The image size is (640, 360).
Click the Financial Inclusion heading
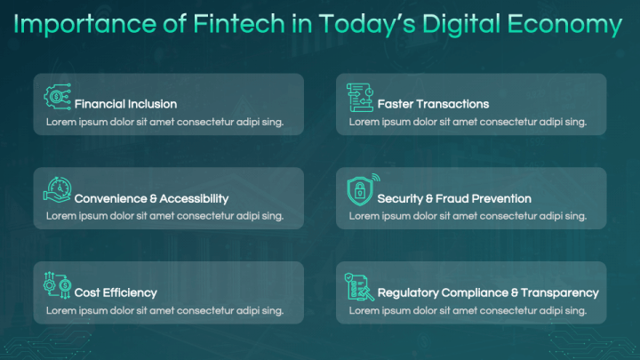125,104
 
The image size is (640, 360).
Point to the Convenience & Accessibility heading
151,198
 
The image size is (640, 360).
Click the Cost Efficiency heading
116,292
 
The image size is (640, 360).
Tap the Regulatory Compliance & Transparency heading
488,292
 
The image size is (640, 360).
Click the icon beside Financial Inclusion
58,96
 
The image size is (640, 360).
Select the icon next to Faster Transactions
360,96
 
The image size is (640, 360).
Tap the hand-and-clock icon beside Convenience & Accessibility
58,190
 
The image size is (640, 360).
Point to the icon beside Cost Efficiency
58,284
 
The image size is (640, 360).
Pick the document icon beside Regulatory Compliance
360,286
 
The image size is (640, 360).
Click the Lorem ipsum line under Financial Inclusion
164,121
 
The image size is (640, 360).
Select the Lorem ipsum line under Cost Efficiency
164,310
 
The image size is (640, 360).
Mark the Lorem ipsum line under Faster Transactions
468,121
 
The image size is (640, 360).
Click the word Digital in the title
444,26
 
